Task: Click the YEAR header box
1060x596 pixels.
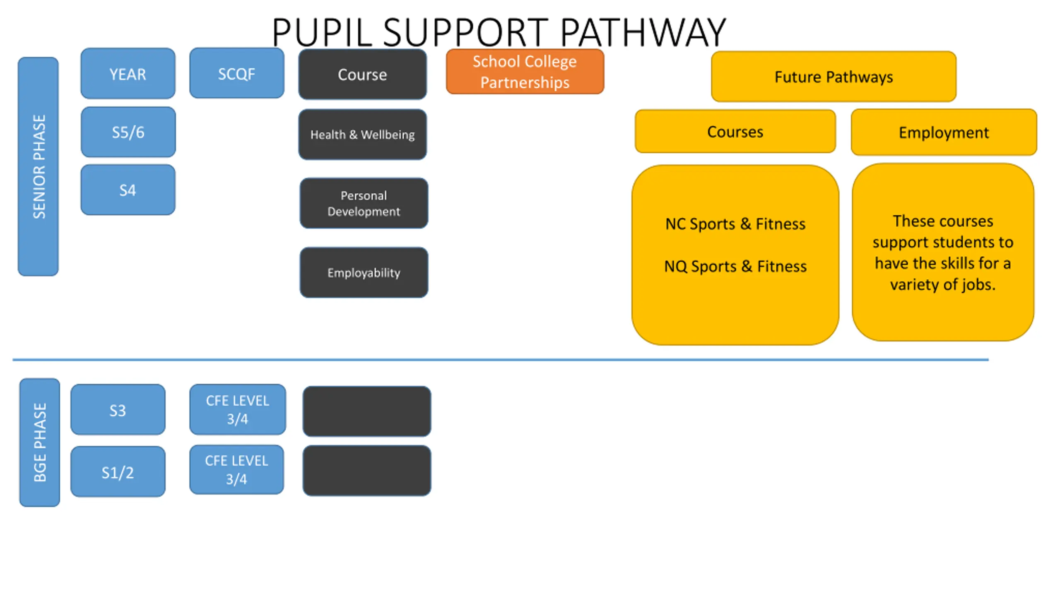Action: coord(128,74)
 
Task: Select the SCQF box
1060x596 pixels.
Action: coord(237,73)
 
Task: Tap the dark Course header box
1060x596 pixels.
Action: coord(363,74)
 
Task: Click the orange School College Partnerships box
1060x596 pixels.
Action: coord(525,72)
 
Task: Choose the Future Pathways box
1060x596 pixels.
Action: coord(834,77)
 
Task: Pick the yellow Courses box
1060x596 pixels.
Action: coord(735,132)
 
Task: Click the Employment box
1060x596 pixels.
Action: coord(944,132)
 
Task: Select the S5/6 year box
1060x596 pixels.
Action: coord(128,132)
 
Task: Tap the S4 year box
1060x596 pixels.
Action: coord(128,190)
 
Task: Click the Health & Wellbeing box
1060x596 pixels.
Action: coord(363,135)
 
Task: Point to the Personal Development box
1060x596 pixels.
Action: coord(364,203)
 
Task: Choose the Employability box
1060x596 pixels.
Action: coord(364,273)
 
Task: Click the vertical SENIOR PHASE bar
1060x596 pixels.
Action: coord(38,166)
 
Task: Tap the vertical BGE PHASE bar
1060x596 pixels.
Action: coord(40,442)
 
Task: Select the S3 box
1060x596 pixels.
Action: coord(118,410)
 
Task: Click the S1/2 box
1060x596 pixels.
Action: coord(118,471)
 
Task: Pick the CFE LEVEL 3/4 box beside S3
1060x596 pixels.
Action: coord(238,410)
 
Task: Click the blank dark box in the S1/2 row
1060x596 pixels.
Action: coord(367,471)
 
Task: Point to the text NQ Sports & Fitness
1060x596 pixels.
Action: coord(735,266)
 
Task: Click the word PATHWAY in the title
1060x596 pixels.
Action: coord(643,32)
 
